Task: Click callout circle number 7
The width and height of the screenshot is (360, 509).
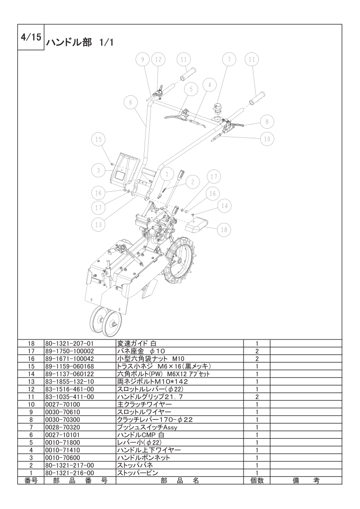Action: (229, 59)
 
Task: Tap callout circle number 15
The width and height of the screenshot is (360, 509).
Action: (98, 139)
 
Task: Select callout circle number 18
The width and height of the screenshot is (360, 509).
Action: (224, 230)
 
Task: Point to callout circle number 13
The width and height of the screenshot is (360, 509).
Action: (99, 224)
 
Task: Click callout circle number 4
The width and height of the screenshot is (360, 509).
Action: (210, 85)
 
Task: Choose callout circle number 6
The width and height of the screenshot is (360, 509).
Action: (131, 102)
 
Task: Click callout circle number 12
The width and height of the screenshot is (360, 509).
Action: (158, 59)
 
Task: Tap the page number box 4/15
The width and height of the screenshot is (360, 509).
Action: (31, 37)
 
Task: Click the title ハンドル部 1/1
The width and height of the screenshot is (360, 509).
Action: (79, 43)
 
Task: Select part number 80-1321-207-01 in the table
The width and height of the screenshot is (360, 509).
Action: (69, 344)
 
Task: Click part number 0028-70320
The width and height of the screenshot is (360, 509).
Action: (63, 427)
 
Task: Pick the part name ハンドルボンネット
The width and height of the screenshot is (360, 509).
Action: (143, 458)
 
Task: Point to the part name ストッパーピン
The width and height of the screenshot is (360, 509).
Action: (138, 473)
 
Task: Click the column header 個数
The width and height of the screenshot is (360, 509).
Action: (257, 480)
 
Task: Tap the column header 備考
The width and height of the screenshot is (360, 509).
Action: (306, 480)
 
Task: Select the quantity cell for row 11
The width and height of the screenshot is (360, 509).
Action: (257, 397)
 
